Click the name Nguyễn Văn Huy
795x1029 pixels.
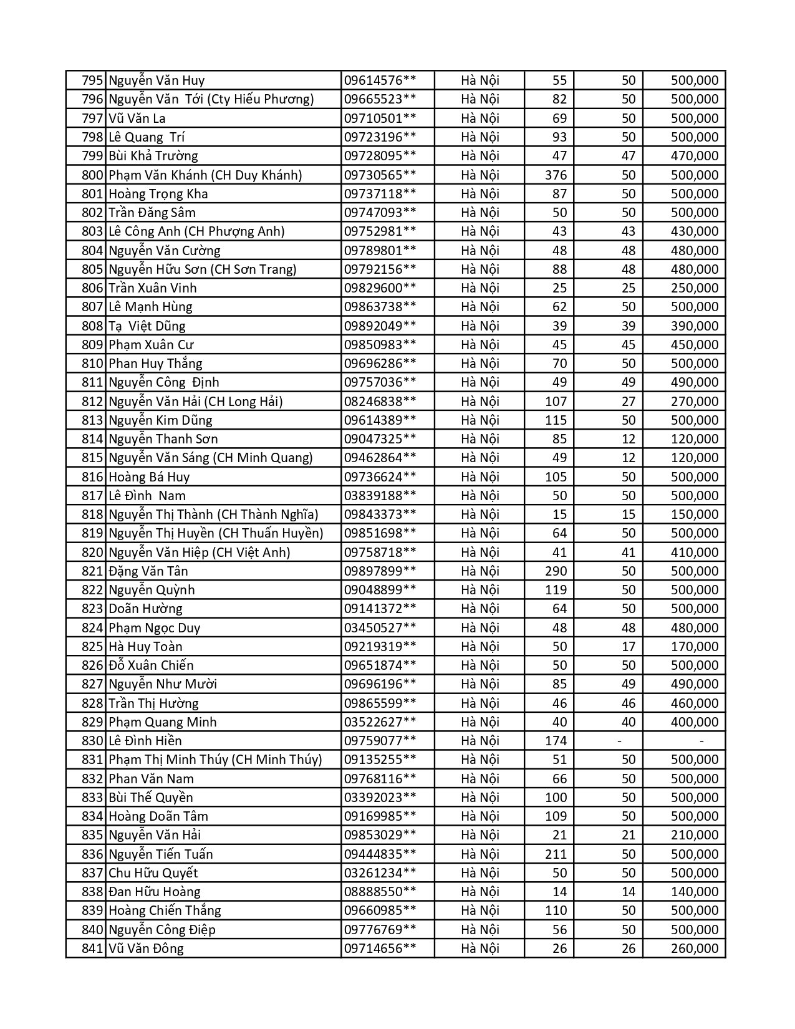[x=157, y=80]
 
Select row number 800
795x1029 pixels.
[x=92, y=175]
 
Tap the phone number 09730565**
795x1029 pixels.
[x=380, y=175]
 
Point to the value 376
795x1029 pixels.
[x=556, y=175]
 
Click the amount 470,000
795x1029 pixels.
[x=695, y=156]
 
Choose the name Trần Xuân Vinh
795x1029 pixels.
[x=153, y=288]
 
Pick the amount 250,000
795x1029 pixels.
[x=695, y=288]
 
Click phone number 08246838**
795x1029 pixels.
[x=380, y=401]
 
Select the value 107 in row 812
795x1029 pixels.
[x=556, y=401]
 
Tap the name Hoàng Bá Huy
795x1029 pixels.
[x=149, y=476]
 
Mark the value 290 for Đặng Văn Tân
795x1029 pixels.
[x=556, y=571]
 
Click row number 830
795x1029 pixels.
[x=92, y=741]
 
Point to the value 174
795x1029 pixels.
[x=556, y=741]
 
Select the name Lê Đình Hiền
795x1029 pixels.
[x=145, y=741]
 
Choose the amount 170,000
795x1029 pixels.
[x=695, y=647]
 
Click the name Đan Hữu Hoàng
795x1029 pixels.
[x=155, y=892]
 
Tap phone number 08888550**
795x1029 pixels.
[x=380, y=892]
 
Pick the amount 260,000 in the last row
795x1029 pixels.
[x=695, y=949]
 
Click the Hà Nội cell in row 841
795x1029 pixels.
[x=480, y=949]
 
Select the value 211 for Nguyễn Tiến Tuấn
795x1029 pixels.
[x=556, y=854]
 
